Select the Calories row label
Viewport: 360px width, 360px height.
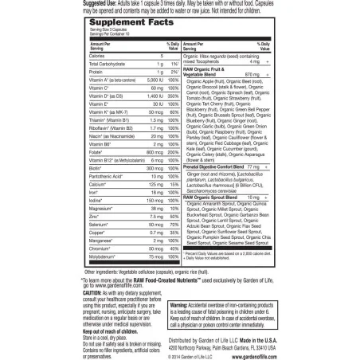(x=97, y=57)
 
